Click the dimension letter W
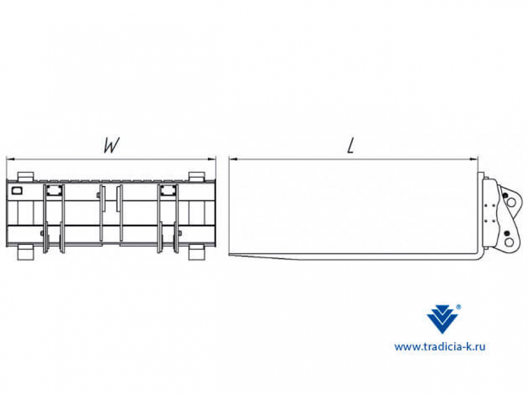click(x=112, y=146)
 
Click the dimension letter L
click(x=351, y=146)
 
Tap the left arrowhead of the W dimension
click(x=10, y=159)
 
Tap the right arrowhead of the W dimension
click(x=212, y=159)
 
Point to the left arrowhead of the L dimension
click(x=233, y=159)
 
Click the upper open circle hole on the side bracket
click(x=511, y=202)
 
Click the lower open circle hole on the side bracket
click(x=509, y=242)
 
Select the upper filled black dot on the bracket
click(x=505, y=196)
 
